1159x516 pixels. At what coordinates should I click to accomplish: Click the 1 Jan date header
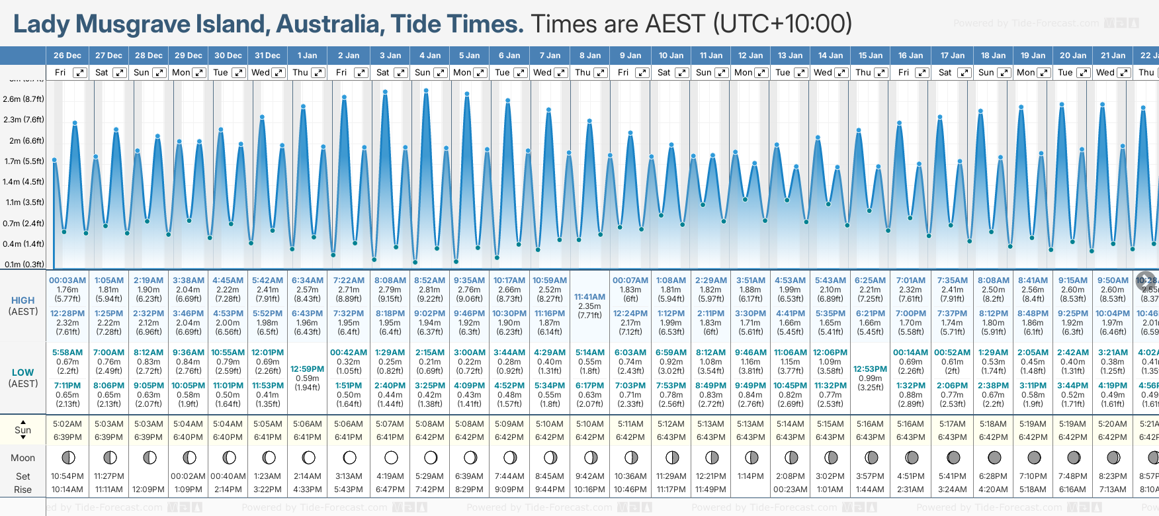(307, 56)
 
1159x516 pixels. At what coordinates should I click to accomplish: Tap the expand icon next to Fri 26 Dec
(79, 73)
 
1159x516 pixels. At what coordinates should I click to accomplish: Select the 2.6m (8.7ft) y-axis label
(23, 99)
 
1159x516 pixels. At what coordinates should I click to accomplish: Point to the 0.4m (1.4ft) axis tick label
(23, 244)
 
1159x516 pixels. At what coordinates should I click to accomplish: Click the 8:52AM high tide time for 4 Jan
(429, 280)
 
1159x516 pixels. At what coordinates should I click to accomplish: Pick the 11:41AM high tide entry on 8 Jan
(589, 297)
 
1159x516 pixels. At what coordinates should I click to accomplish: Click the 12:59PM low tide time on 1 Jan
(308, 369)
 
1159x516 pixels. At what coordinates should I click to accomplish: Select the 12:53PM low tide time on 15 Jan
(870, 369)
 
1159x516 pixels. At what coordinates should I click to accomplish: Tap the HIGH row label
(22, 300)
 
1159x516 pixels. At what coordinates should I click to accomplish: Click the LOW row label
(22, 372)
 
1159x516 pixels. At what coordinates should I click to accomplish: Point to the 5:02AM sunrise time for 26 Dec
(67, 424)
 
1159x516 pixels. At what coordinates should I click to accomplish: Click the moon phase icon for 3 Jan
(391, 457)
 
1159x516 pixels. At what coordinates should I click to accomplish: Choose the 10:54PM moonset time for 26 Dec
(67, 476)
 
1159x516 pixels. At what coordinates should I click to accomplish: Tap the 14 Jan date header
(830, 56)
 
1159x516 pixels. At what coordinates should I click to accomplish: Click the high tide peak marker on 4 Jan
(426, 90)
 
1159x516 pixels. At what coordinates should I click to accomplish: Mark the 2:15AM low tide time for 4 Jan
(429, 353)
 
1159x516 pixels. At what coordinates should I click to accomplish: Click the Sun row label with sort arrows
(22, 429)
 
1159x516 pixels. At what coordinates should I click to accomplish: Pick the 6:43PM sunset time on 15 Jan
(870, 437)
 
